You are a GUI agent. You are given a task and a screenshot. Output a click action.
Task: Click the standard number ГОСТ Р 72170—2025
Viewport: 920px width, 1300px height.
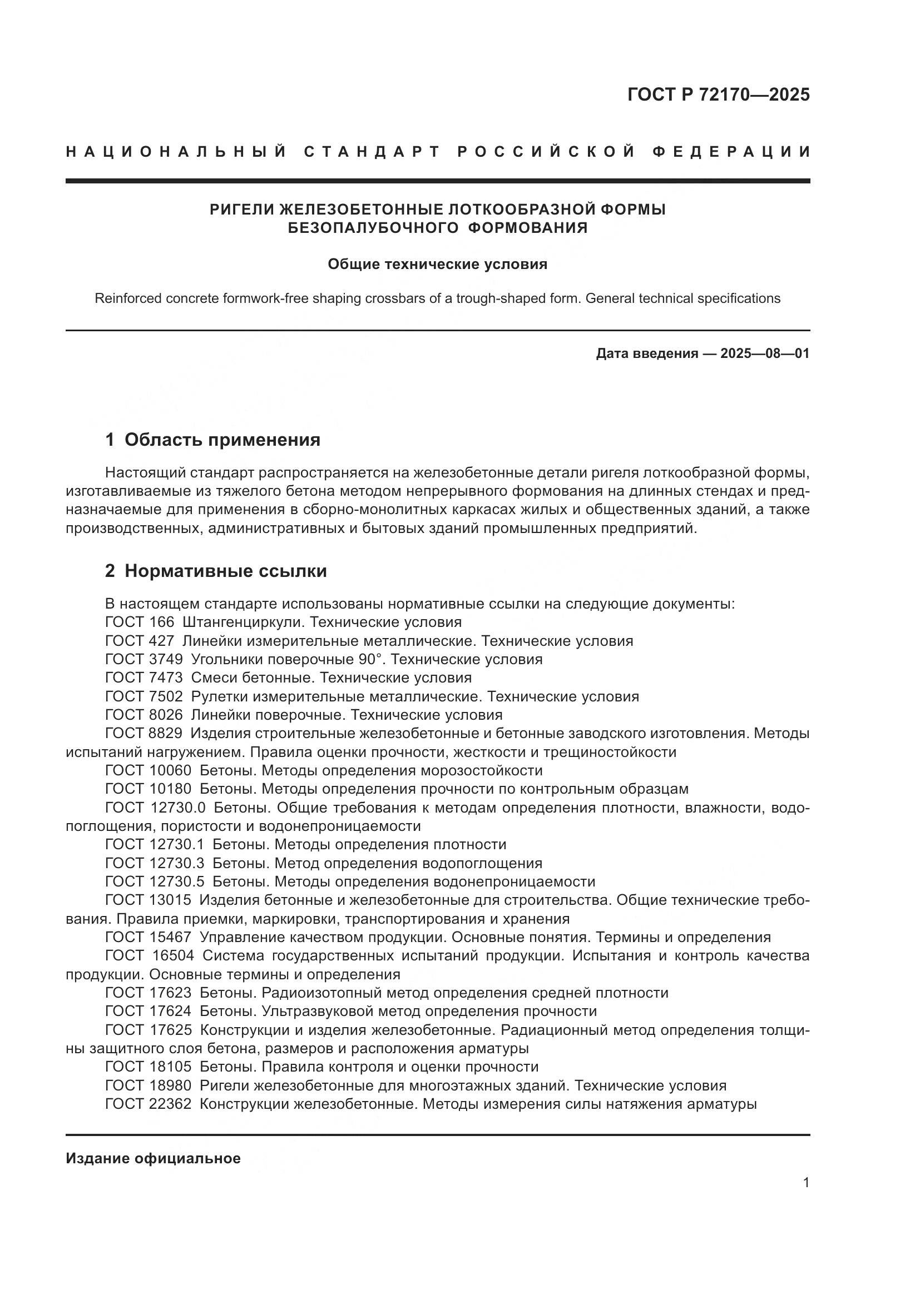coord(718,94)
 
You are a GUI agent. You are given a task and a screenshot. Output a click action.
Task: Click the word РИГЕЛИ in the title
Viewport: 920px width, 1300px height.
coord(241,210)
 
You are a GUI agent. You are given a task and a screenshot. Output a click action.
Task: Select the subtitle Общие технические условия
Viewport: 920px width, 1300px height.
coord(437,265)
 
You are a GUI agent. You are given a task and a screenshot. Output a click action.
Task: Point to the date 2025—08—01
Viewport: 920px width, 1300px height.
coord(765,354)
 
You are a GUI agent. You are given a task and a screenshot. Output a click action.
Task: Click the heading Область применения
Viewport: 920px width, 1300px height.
coord(222,440)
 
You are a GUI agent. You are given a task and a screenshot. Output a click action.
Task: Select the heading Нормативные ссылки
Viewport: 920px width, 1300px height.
coord(225,571)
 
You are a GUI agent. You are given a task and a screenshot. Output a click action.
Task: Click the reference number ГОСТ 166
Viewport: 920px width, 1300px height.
coord(140,622)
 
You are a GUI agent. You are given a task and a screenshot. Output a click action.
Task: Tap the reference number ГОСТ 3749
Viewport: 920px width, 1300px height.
coord(144,659)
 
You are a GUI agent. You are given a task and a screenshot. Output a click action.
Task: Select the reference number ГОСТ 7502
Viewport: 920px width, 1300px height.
coord(144,696)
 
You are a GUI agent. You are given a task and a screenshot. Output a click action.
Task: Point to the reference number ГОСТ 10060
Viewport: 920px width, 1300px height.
coord(149,770)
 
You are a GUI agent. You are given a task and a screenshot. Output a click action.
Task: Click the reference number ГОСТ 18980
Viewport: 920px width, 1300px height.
coord(149,1085)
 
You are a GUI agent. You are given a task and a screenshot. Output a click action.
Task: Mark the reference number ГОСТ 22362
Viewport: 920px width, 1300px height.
coord(149,1104)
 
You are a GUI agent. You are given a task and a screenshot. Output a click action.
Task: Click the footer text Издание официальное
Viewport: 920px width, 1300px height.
coord(153,1158)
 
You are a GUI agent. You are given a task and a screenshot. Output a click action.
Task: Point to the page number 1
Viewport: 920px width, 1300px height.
coord(806,1194)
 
